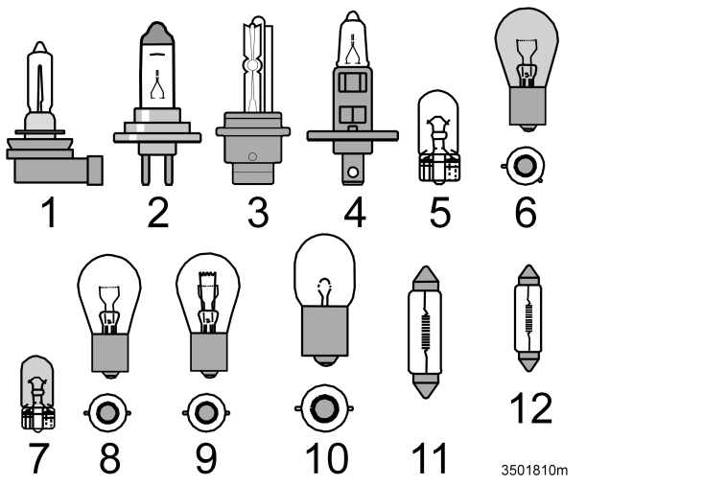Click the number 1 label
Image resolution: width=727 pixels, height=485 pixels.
tap(50, 212)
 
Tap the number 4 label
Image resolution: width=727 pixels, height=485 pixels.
tap(355, 212)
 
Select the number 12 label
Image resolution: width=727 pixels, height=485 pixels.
tap(531, 408)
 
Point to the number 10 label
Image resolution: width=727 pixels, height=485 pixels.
tap(326, 458)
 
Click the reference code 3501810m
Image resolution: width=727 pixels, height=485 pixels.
tap(534, 471)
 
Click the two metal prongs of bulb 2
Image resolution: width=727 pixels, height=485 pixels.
tap(157, 170)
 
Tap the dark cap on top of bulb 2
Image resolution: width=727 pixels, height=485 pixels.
tap(157, 34)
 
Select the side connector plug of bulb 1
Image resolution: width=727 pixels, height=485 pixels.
tap(95, 170)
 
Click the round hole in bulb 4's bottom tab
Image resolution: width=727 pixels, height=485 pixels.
tap(353, 173)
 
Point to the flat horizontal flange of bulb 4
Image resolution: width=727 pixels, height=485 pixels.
tap(352, 136)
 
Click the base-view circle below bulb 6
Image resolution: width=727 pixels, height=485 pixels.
tap(525, 166)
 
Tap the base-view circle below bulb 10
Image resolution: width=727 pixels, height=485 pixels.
tap(323, 409)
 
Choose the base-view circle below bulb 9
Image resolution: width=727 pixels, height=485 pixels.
tap(206, 412)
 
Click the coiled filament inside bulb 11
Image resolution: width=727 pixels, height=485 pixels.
tap(425, 331)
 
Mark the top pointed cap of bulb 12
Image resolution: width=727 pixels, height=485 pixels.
tap(528, 275)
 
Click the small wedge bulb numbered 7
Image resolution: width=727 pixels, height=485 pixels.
tap(37, 393)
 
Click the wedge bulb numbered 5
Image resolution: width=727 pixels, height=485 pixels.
tap(438, 136)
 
